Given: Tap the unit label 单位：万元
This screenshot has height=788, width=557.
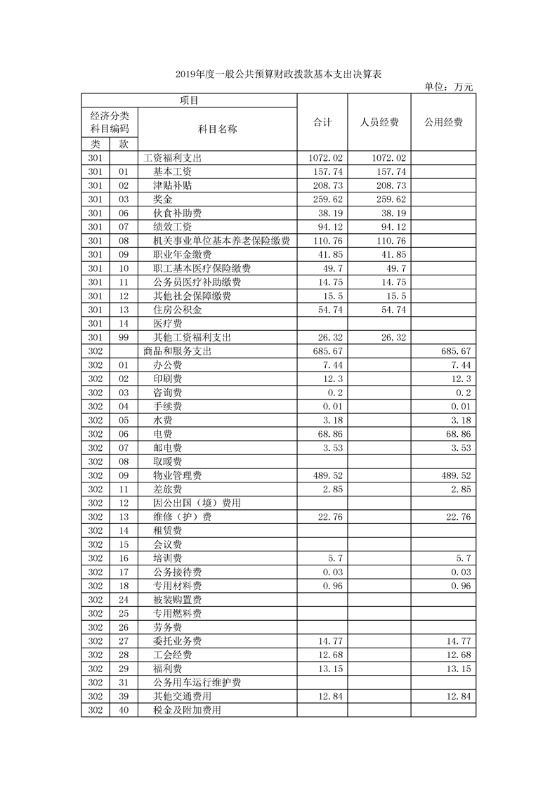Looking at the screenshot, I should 450,87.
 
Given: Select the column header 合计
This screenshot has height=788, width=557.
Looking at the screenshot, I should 322,122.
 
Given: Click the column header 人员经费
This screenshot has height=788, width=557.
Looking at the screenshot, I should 379,122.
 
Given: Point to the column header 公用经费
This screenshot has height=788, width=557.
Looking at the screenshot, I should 443,122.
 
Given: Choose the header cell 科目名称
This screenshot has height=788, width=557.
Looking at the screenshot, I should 217,129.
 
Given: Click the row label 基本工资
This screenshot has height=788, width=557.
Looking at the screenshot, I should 173,172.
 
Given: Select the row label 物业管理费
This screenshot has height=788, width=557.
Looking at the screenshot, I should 178,476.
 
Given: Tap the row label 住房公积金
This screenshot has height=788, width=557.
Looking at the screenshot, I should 178,310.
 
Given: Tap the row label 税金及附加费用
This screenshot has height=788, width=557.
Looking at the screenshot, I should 188,711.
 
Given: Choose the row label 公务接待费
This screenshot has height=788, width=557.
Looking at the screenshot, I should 178,572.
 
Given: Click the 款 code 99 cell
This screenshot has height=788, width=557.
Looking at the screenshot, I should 124,338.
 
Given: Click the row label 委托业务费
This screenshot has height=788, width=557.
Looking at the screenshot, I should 178,642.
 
